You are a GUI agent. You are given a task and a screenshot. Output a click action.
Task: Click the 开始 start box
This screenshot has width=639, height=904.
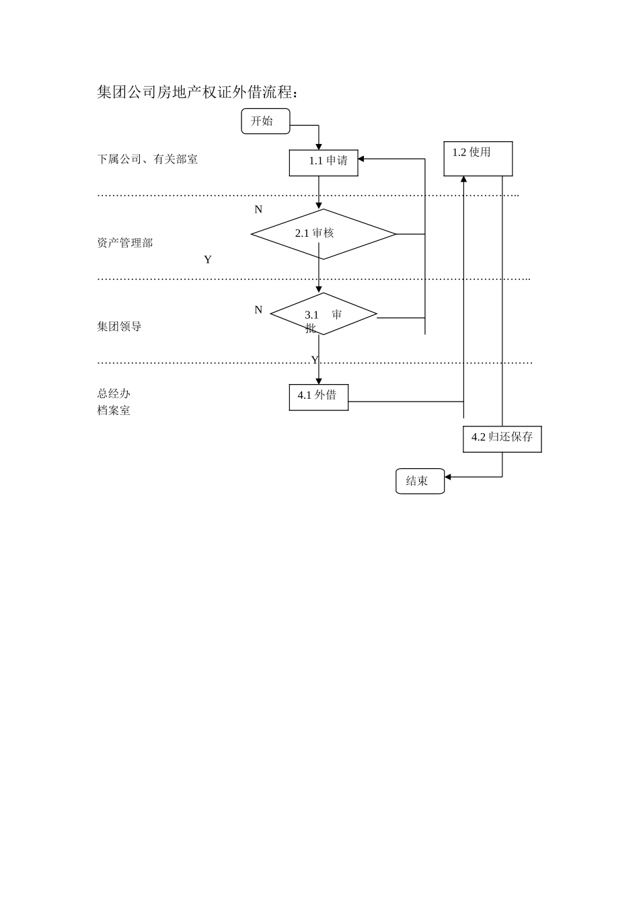265,121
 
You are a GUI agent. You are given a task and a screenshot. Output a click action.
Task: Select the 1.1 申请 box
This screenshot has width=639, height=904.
324,163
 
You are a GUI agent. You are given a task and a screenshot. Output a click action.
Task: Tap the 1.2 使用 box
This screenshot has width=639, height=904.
478,159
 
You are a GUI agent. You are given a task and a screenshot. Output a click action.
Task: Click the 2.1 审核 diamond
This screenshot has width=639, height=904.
323,234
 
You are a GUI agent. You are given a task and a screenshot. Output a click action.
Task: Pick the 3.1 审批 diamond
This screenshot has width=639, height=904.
323,314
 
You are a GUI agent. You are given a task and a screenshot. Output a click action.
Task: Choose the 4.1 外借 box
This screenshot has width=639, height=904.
318,397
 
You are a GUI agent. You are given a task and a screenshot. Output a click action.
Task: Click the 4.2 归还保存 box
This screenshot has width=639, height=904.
502,439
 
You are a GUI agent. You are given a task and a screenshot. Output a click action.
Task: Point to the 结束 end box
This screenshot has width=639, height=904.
420,481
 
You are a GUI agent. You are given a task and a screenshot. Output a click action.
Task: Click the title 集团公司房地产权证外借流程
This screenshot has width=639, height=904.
197,92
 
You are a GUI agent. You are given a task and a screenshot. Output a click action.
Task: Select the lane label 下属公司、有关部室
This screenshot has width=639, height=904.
147,159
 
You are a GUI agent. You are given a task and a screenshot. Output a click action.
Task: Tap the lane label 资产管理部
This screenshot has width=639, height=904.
125,243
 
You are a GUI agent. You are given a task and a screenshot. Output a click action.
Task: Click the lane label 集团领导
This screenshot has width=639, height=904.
119,327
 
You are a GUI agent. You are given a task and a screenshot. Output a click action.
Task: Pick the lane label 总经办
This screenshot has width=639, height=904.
114,393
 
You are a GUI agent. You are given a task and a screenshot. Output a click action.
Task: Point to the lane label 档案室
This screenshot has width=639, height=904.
114,410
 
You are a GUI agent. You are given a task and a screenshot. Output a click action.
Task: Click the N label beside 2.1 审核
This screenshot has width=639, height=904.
258,210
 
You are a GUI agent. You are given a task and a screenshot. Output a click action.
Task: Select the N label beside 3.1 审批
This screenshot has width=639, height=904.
258,310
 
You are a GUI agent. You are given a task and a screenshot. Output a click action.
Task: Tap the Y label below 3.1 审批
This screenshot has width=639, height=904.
314,361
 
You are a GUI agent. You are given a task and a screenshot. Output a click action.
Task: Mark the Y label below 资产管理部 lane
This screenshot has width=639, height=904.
208,260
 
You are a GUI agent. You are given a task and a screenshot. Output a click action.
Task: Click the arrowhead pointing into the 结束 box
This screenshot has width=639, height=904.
448,477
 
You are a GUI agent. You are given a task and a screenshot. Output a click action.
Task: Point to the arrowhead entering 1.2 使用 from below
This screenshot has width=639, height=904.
463,180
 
